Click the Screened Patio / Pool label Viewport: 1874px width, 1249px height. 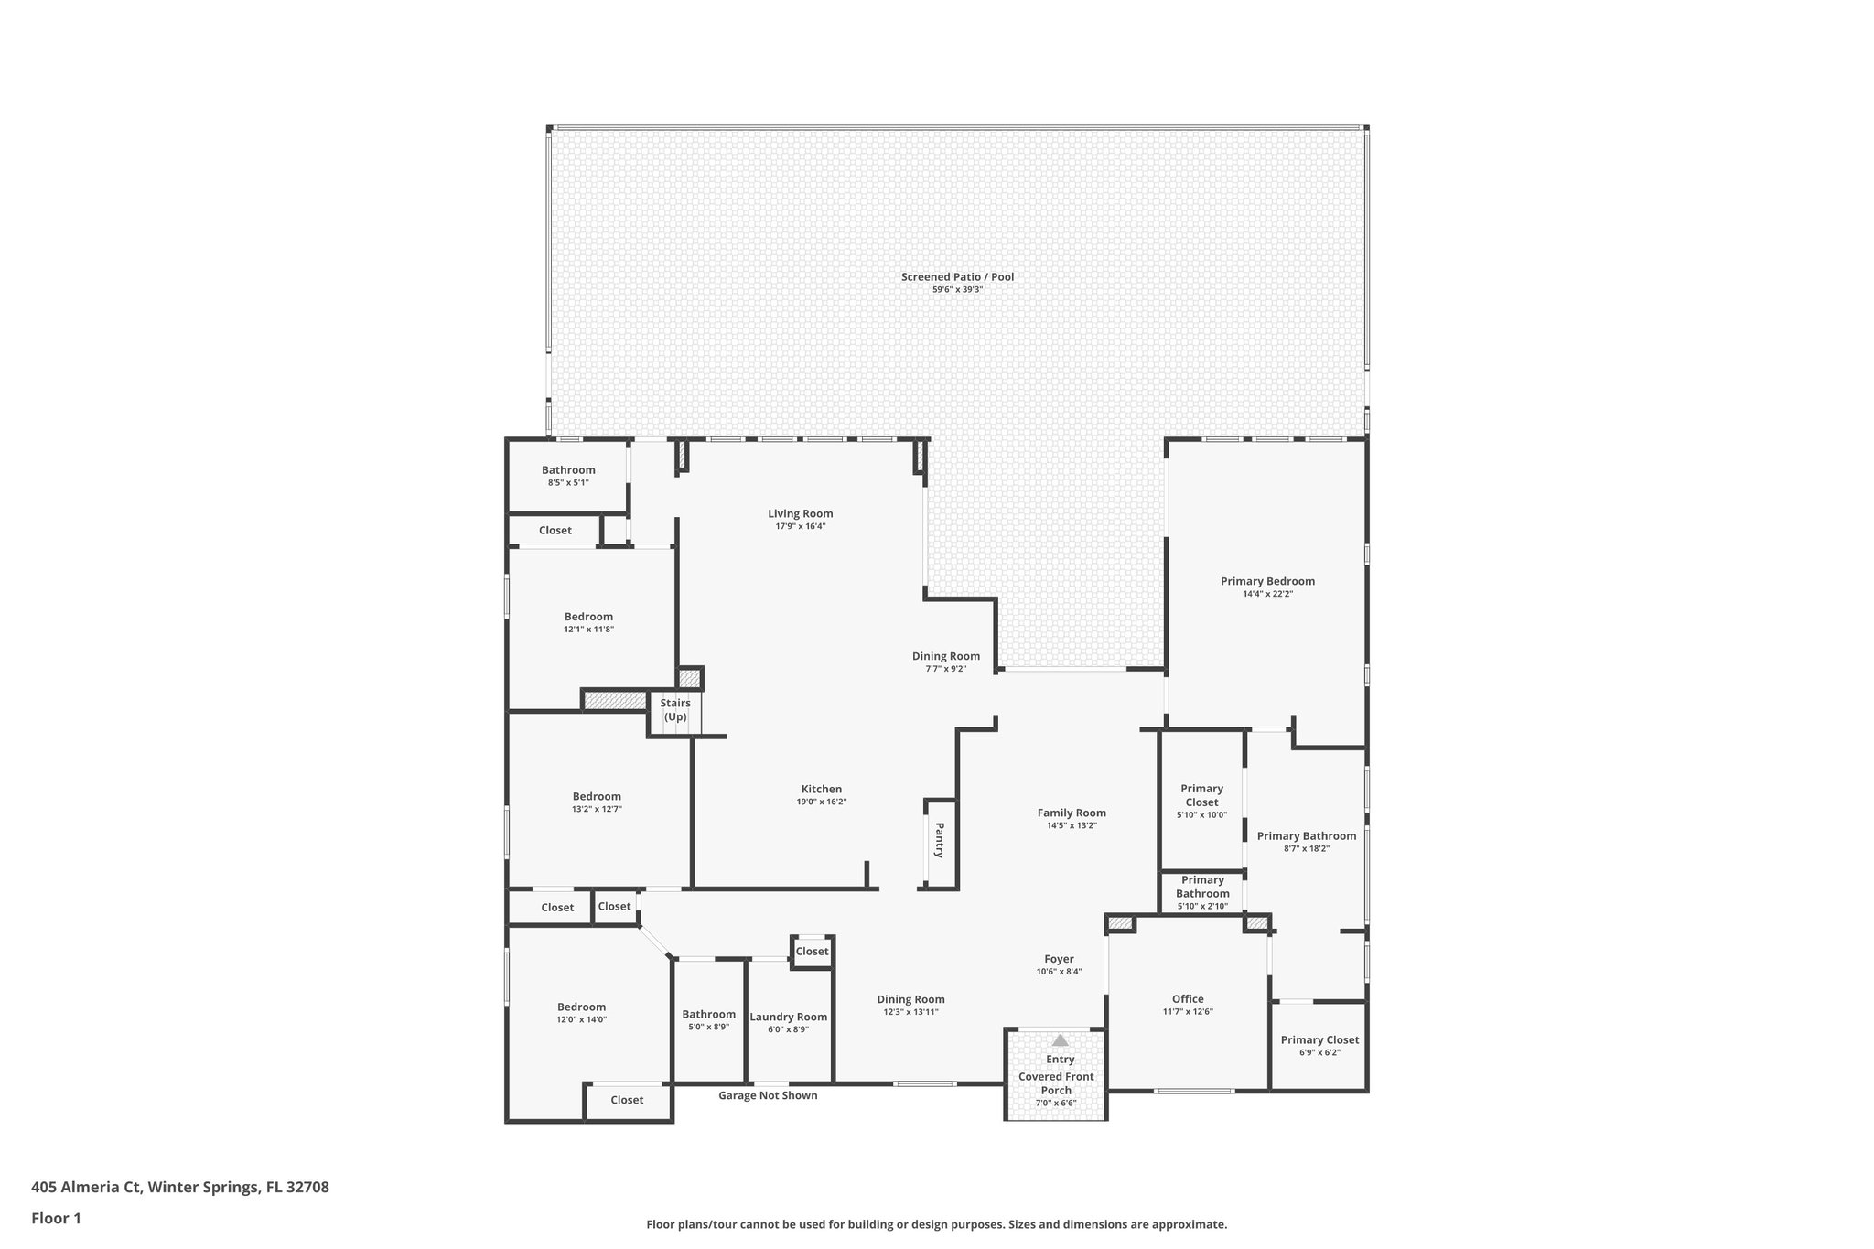click(x=957, y=277)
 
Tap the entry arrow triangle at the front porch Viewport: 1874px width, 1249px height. click(x=1060, y=1040)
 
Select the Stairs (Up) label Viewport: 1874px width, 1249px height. click(x=675, y=710)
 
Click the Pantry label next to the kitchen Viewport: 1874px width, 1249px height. click(x=939, y=840)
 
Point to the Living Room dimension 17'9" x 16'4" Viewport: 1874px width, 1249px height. click(x=800, y=526)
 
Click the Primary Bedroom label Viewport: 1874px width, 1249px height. click(x=1267, y=581)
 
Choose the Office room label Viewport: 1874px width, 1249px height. click(x=1188, y=999)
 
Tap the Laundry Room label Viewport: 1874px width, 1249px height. click(x=788, y=1017)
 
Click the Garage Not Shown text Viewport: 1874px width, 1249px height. click(x=768, y=1095)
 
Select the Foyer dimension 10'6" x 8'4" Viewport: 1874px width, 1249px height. click(x=1059, y=972)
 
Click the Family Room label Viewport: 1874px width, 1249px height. click(x=1072, y=813)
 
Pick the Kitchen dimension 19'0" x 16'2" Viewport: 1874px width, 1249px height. click(x=821, y=802)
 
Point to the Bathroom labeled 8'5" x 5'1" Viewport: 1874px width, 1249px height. click(x=568, y=470)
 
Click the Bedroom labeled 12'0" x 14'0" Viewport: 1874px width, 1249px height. click(x=581, y=1007)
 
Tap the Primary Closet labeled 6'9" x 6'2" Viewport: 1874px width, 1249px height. click(x=1319, y=1039)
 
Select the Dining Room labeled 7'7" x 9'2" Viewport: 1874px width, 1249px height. click(x=945, y=656)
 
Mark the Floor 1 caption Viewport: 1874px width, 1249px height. click(x=56, y=1218)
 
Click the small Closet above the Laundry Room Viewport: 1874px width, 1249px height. click(x=812, y=952)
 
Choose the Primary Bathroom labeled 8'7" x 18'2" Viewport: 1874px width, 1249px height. click(x=1306, y=836)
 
